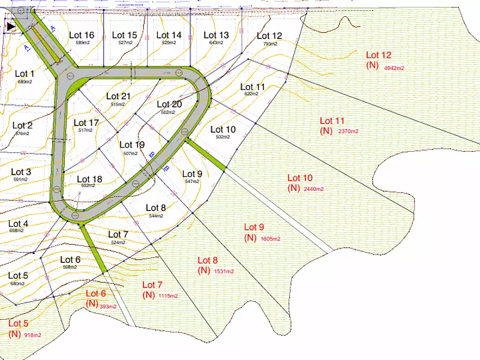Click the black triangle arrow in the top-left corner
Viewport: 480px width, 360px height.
(x=11, y=26)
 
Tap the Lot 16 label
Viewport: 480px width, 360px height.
(x=82, y=35)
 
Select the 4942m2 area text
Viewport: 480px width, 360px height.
(x=394, y=68)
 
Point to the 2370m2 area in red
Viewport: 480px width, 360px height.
(x=348, y=131)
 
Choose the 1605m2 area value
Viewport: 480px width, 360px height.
(x=271, y=238)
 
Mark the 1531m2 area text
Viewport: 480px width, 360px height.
(x=224, y=271)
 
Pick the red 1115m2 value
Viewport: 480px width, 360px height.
(x=169, y=296)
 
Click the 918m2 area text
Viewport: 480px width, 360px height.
(x=32, y=335)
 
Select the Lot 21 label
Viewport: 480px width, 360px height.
(x=119, y=96)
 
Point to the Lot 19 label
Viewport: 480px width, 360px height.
(x=132, y=145)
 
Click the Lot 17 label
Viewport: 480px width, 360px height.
(x=86, y=123)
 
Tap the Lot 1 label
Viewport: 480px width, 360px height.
(x=25, y=74)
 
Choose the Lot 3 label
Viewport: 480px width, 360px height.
(x=21, y=172)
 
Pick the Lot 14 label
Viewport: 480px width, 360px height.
(x=168, y=35)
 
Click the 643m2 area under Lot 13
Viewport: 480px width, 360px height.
(x=216, y=43)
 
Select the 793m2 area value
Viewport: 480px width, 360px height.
(x=269, y=44)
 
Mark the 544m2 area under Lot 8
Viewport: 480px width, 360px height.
(x=155, y=216)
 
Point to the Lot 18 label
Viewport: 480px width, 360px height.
(x=89, y=179)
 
